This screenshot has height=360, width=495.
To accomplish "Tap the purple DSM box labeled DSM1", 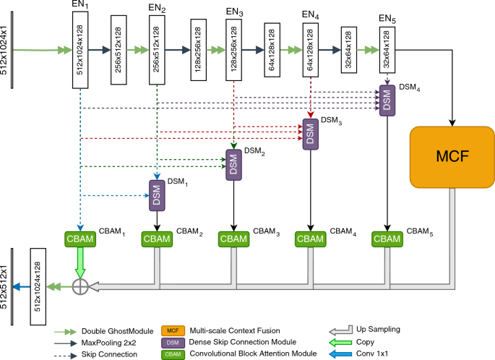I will (x=157, y=195).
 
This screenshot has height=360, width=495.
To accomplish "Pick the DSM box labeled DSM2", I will (x=233, y=166).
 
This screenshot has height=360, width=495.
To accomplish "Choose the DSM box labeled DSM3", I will (x=310, y=134).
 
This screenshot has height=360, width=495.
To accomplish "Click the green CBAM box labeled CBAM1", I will (x=80, y=239).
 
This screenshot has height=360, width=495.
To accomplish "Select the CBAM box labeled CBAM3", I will (x=233, y=239).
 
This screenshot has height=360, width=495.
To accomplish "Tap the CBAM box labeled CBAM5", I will (x=388, y=239).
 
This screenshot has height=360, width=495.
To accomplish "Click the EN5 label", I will (x=388, y=17).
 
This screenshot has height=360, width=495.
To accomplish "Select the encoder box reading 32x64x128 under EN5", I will (x=388, y=50).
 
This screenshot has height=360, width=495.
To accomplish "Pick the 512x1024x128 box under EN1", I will (x=80, y=50).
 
